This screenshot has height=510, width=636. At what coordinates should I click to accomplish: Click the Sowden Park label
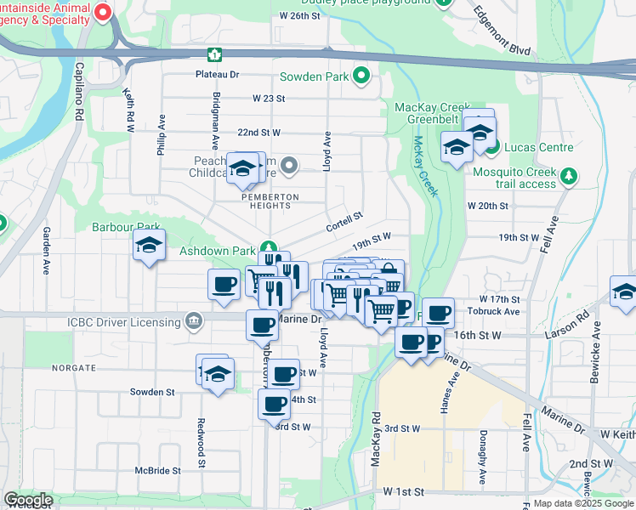click(x=314, y=76)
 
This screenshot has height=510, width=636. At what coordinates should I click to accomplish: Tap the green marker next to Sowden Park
click(x=362, y=76)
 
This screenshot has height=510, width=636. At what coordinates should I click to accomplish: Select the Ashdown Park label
click(x=218, y=252)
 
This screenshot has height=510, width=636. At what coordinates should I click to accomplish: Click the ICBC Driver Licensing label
click(x=125, y=321)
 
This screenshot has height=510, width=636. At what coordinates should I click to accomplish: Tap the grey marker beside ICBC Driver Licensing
click(x=195, y=321)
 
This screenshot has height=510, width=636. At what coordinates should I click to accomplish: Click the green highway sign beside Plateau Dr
click(x=216, y=54)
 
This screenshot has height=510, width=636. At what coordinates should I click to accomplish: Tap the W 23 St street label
click(x=268, y=99)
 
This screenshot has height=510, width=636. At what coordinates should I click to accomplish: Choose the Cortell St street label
click(x=344, y=222)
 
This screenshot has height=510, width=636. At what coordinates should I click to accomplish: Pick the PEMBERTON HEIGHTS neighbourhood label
click(x=270, y=196)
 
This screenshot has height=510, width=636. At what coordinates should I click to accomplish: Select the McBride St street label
click(x=157, y=470)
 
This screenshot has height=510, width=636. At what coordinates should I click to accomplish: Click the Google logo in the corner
click(x=28, y=500)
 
